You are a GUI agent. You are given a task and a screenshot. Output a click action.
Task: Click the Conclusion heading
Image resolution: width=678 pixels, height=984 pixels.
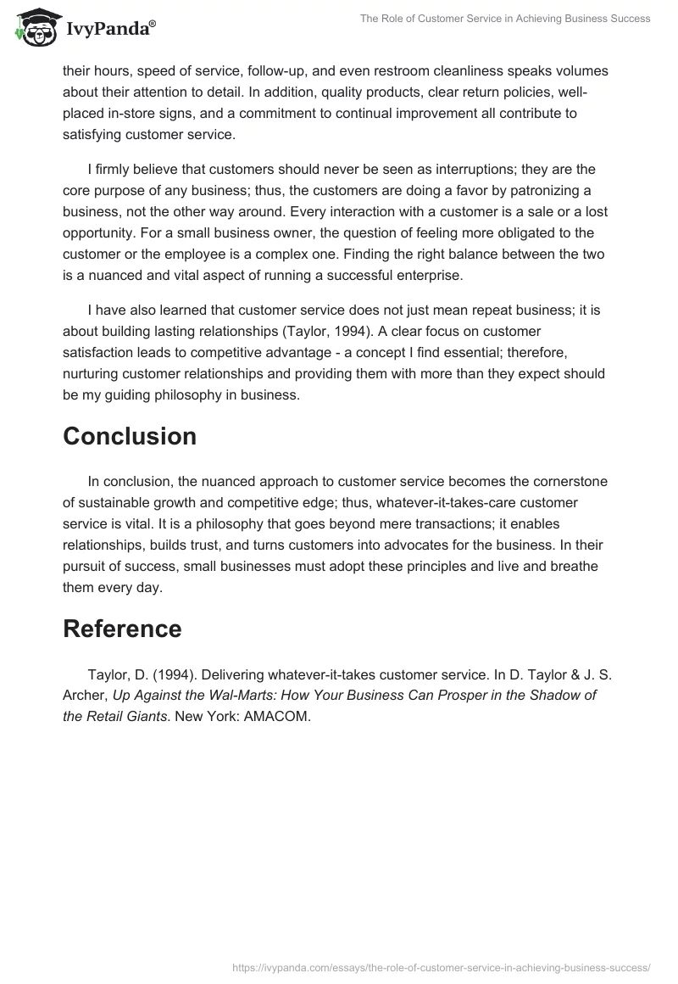[129, 436]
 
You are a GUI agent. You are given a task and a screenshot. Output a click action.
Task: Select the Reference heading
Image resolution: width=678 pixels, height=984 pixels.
[122, 629]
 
